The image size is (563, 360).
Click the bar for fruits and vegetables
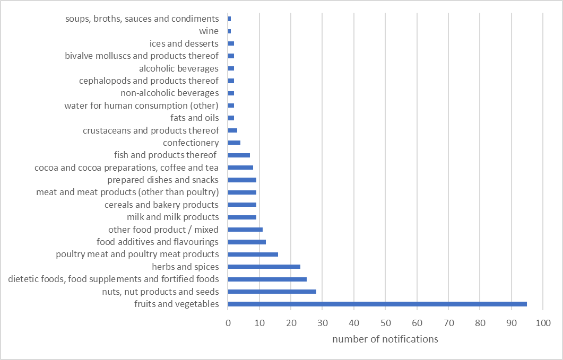377,304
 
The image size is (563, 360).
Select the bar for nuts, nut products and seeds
272,292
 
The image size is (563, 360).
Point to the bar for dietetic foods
267,279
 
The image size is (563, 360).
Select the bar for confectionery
234,143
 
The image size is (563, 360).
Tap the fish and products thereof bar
239,155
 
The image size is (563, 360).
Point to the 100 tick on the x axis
543,322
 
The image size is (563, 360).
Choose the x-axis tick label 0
228,322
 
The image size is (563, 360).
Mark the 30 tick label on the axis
323,322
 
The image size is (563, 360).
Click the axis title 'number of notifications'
385,339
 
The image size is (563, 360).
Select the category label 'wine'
209,31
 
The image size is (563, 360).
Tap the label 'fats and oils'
194,118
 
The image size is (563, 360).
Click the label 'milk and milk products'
172,217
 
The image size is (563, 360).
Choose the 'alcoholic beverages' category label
178,68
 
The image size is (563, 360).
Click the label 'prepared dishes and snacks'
163,180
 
